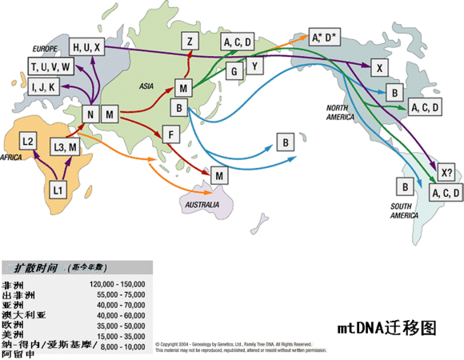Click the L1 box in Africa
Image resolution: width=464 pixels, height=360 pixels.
pos(58,190)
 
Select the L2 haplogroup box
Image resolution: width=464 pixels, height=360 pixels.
pos(28,142)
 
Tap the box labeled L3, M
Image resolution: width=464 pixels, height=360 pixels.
pos(66,147)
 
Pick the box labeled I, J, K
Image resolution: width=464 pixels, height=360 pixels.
pos(43,86)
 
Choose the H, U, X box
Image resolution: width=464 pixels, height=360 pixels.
pos(87,46)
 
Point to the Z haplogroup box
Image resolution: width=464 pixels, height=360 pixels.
pos(190,42)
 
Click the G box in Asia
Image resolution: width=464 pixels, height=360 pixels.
pos(234,72)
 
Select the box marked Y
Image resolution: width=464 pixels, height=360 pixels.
pos(254,65)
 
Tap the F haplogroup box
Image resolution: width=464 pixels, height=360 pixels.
pos(169,134)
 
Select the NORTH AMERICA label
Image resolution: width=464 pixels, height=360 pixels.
pos(345,112)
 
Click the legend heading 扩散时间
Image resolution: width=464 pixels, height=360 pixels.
pos(31,268)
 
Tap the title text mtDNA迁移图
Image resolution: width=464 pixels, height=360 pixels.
pos(387,328)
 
